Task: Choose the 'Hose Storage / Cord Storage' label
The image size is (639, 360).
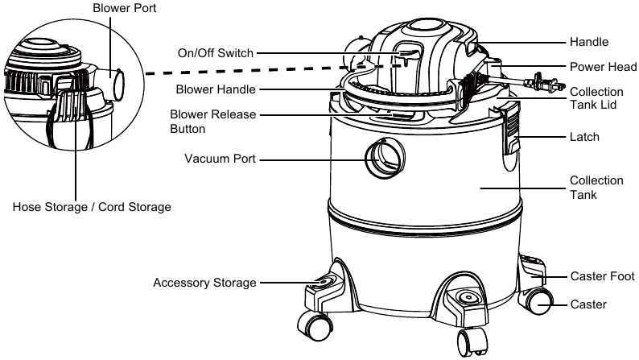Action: coord(92,207)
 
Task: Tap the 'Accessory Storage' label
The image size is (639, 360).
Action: coord(204,283)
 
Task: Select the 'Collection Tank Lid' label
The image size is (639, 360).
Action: coord(596,101)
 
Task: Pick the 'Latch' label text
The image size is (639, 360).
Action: coord(584,137)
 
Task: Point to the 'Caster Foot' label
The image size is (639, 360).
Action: coord(602,276)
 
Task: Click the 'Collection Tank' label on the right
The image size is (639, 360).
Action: coord(596,188)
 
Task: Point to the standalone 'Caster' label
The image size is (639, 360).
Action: coord(588,304)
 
